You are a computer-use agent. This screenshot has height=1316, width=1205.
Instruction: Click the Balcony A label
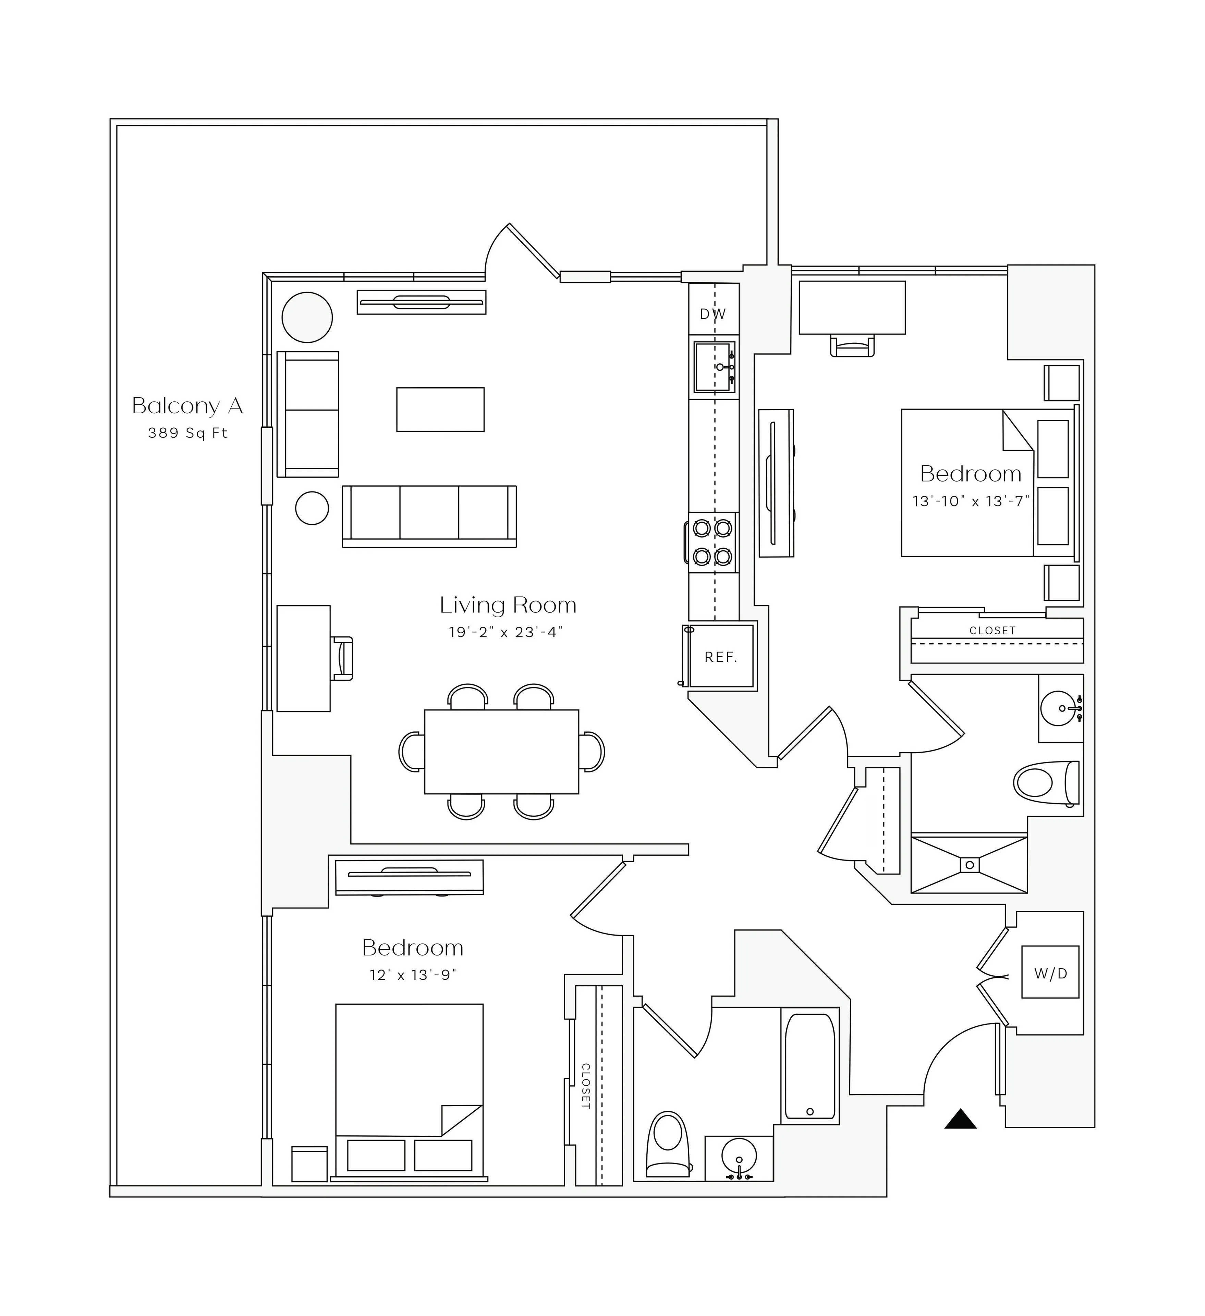[187, 406]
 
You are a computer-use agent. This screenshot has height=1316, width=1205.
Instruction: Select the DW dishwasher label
[713, 314]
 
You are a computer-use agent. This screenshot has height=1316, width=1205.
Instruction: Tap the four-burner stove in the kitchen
[713, 542]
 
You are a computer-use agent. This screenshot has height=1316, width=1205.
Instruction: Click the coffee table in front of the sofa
[441, 409]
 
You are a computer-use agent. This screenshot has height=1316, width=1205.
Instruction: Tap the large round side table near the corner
[307, 317]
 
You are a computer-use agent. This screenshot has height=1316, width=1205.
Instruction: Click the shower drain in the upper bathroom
[969, 865]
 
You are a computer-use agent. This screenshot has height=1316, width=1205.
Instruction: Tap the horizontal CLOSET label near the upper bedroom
[992, 631]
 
